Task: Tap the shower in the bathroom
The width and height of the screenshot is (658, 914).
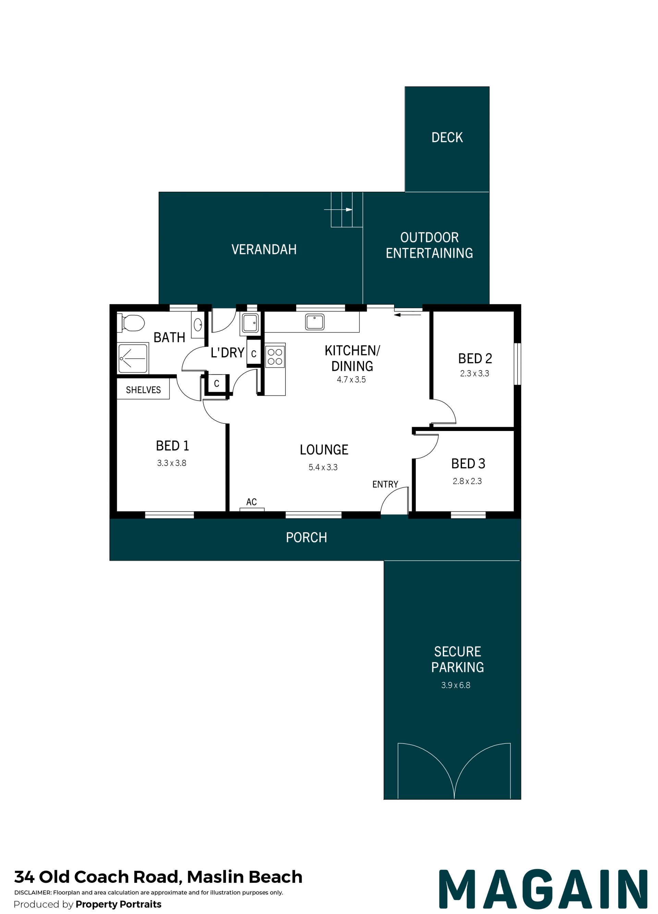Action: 133,358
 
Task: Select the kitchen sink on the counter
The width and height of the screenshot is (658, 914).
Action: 315,321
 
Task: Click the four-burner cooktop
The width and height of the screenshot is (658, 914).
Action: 275,356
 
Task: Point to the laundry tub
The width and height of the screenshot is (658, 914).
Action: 250,323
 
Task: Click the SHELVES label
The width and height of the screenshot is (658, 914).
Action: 143,390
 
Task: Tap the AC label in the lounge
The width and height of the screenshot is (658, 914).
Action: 251,502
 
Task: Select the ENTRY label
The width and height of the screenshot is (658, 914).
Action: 385,484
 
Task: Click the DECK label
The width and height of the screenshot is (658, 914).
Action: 447,137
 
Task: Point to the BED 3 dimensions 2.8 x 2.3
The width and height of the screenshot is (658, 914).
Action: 467,481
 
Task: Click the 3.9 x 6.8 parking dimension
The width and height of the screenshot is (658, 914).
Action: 455,685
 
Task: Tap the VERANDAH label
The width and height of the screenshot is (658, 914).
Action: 264,250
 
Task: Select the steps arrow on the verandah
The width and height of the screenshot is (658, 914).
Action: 338,210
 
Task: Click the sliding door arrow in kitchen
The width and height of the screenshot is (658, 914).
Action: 407,314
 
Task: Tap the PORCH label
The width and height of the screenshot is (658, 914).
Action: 306,537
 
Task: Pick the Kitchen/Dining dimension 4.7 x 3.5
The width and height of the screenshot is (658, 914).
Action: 351,379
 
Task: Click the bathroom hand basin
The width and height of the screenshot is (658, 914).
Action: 198,325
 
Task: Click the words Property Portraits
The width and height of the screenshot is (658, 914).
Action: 119,904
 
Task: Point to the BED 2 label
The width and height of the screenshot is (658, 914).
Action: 475,358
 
